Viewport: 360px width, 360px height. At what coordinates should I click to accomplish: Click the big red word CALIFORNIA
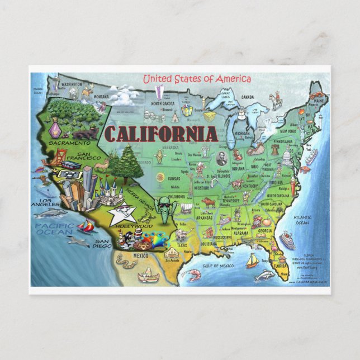[x=161, y=134]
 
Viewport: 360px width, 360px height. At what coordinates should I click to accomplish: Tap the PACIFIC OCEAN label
[x=54, y=229]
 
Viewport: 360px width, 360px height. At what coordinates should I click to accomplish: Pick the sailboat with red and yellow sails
[x=86, y=226]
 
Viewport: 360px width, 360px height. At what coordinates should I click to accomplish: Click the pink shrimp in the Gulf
[x=194, y=274]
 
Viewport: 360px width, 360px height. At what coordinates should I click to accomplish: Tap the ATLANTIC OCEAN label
[x=302, y=219]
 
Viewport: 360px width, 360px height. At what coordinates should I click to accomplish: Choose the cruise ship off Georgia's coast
[x=287, y=240]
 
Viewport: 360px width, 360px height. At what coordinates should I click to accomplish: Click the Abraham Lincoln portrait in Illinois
[x=221, y=158]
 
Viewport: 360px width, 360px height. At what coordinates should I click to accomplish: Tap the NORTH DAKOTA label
[x=162, y=103]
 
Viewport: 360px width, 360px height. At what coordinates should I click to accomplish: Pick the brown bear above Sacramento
[x=84, y=134]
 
